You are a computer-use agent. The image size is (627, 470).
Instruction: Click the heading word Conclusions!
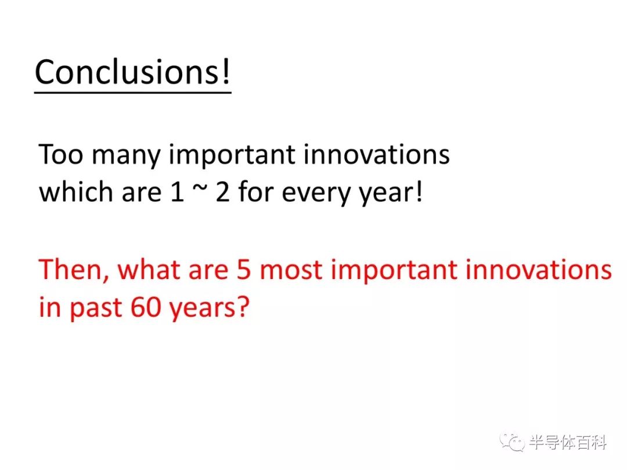point(133,71)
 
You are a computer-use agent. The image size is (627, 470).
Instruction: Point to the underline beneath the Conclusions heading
point(133,93)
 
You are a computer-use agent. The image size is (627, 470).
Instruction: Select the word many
point(127,157)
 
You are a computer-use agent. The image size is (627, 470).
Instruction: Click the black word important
point(232,156)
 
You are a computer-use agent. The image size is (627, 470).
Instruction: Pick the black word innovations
point(377,154)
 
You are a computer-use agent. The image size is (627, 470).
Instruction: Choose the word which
point(76,192)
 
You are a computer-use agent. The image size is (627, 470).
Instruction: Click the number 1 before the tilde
point(177,192)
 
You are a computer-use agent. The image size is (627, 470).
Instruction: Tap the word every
point(315,194)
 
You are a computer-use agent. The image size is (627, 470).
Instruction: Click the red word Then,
point(74,270)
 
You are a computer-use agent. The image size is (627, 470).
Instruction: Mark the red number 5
point(243,270)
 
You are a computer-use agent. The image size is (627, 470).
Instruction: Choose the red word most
point(291,271)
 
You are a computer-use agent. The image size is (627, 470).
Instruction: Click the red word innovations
point(539,269)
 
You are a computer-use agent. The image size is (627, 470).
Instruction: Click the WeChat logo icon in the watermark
point(512,442)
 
